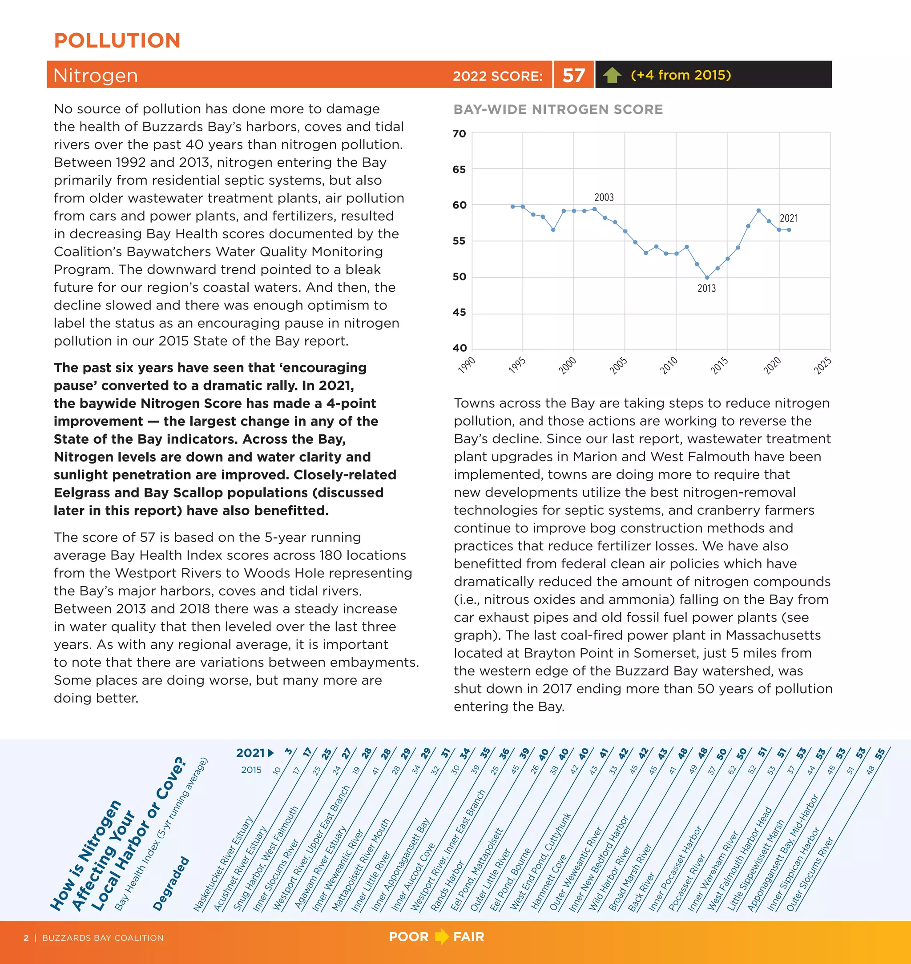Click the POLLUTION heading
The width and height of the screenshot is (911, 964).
(117, 41)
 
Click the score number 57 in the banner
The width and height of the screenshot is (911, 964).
(573, 75)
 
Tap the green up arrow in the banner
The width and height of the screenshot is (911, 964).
(612, 75)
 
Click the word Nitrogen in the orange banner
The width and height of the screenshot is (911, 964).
(96, 76)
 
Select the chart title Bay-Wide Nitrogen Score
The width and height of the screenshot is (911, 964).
(558, 109)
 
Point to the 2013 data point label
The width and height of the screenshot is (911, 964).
(706, 288)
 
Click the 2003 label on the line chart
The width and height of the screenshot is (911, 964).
(604, 197)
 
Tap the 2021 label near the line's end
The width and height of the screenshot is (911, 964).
(789, 218)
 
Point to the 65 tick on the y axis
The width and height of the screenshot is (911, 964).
(459, 169)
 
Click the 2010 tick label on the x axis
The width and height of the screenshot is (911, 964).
(669, 365)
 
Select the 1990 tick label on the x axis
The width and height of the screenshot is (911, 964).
(467, 365)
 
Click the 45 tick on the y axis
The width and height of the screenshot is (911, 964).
(459, 312)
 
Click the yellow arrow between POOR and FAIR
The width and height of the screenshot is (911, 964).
(441, 936)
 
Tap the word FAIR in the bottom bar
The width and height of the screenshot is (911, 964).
(468, 936)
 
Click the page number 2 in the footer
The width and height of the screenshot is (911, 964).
(26, 938)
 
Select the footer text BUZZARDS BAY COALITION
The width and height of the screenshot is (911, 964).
(102, 938)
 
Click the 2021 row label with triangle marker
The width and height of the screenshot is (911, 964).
(255, 753)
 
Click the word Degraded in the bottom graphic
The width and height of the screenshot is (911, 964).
(170, 884)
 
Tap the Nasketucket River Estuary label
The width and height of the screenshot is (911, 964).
(223, 864)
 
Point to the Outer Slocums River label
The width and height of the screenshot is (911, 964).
(810, 874)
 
